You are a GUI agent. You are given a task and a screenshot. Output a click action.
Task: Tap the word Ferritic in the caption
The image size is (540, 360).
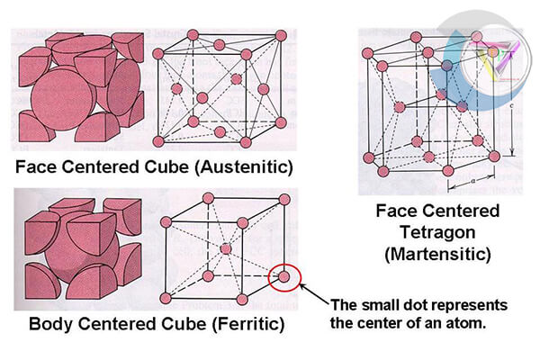(x=248, y=324)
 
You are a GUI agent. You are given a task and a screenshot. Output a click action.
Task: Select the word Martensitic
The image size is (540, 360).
(x=437, y=255)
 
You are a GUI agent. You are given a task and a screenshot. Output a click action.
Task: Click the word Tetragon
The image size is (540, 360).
(x=437, y=232)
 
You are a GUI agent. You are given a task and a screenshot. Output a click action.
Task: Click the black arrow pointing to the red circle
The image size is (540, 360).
(x=314, y=293)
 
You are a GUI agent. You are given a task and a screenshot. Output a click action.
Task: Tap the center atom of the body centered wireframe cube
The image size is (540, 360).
(x=226, y=248)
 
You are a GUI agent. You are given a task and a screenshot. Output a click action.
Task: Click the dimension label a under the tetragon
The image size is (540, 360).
(x=472, y=180)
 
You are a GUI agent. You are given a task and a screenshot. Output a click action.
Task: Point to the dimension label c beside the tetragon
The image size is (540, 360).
(x=511, y=106)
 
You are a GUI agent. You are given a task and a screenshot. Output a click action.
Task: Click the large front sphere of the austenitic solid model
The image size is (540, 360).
(x=63, y=100)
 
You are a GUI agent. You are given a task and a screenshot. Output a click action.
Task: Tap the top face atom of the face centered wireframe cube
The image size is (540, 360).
(x=220, y=45)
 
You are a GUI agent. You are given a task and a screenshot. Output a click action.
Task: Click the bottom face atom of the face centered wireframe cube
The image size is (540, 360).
(x=220, y=131)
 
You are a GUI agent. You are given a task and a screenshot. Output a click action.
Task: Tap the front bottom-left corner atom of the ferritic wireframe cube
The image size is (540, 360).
(x=166, y=298)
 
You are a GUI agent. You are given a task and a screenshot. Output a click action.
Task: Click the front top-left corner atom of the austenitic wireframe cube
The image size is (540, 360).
(x=158, y=54)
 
